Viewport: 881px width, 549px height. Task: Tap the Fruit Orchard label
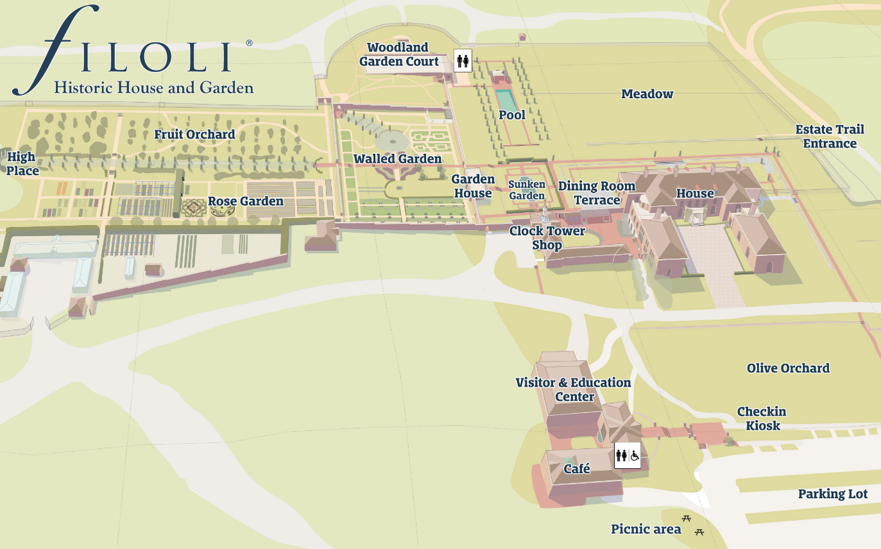[194, 135]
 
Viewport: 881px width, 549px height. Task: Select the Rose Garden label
[245, 201]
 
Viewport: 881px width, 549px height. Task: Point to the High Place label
[22, 164]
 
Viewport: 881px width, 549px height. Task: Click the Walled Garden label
[397, 158]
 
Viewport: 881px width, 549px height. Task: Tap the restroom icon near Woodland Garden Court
[463, 61]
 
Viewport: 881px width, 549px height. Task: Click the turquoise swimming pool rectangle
[506, 100]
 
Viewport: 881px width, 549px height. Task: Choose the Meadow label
[647, 94]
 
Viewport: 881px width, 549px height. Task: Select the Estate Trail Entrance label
[830, 136]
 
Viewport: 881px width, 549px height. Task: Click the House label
[695, 193]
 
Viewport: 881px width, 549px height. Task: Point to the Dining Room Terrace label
[597, 193]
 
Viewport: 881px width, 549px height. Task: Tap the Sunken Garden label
[527, 190]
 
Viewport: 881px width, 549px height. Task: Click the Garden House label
[473, 186]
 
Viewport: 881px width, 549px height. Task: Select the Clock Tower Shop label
[547, 237]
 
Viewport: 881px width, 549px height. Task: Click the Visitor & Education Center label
[573, 389]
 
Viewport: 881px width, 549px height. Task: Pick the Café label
[576, 469]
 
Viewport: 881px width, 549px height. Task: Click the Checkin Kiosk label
[761, 418]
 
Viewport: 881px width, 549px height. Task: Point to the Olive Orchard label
[787, 368]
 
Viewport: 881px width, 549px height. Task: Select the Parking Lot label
[832, 494]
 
